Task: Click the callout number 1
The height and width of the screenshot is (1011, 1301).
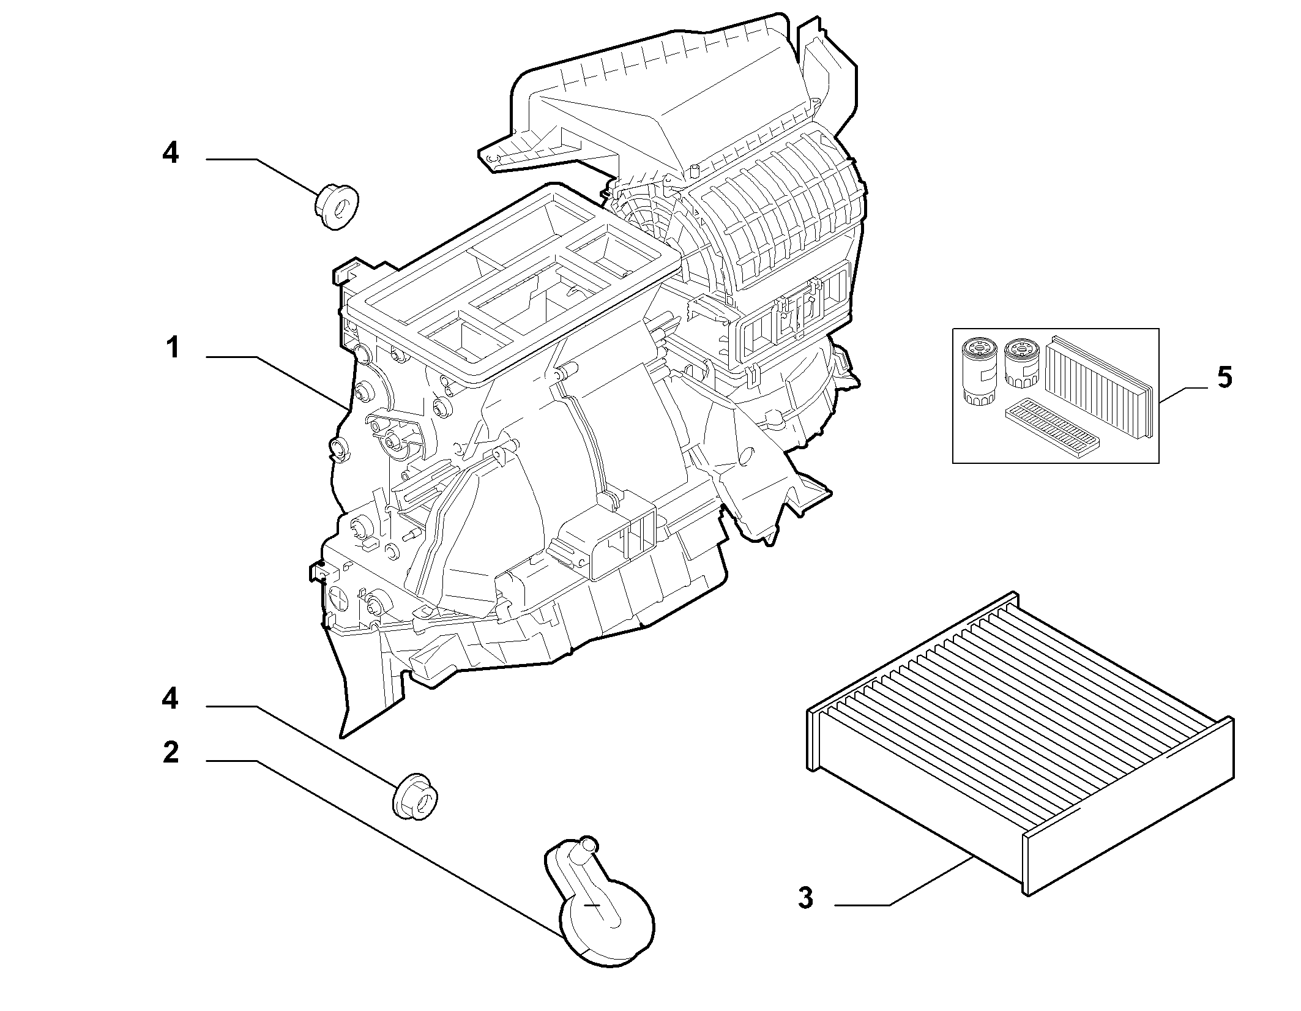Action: click(173, 348)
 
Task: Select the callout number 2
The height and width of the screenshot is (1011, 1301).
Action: click(171, 752)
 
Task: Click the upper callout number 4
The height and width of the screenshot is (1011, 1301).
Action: click(171, 152)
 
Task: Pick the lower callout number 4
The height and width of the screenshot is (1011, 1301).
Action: click(171, 698)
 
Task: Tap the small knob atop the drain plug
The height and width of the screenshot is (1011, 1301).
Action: click(587, 845)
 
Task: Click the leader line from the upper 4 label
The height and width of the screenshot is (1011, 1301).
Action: click(263, 176)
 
